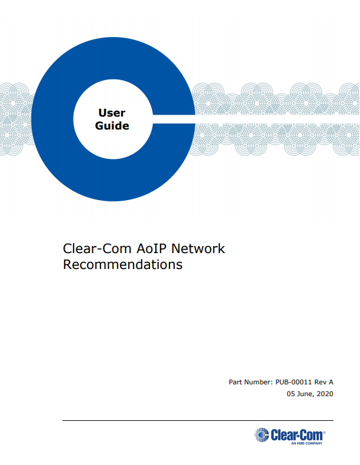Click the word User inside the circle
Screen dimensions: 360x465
pyautogui.click(x=112, y=112)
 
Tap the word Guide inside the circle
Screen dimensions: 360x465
pyautogui.click(x=112, y=126)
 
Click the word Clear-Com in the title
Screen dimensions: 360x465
pyautogui.click(x=97, y=248)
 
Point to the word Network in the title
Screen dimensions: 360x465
pyautogui.click(x=198, y=248)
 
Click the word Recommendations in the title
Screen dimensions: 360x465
pyautogui.click(x=123, y=264)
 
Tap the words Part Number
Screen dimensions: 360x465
pyautogui.click(x=249, y=382)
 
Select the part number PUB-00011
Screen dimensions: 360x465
pyautogui.click(x=294, y=382)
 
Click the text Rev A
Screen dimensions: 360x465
pyautogui.click(x=324, y=382)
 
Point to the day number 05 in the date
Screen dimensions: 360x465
pyautogui.click(x=291, y=394)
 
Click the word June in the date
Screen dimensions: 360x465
pyautogui.click(x=304, y=394)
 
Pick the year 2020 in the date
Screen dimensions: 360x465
pyautogui.click(x=325, y=394)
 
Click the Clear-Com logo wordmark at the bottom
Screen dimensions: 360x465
pyautogui.click(x=296, y=435)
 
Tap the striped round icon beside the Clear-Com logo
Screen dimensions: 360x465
pyautogui.click(x=262, y=435)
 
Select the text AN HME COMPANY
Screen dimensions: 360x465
pyautogui.click(x=306, y=443)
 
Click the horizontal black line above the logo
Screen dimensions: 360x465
pyautogui.click(x=198, y=420)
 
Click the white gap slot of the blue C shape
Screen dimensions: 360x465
pyautogui.click(x=174, y=119)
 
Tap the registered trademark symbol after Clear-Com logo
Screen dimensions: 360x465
pyautogui.click(x=324, y=433)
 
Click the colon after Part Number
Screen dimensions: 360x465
pyautogui.click(x=271, y=383)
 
